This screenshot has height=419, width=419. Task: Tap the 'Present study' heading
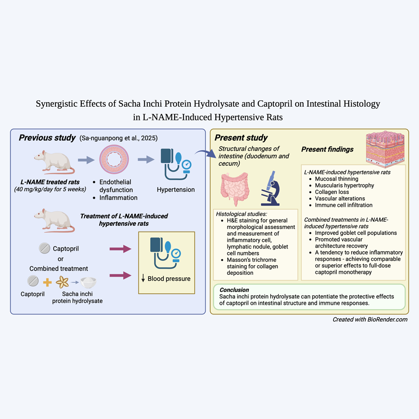241,138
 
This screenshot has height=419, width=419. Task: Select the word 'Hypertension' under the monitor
176,189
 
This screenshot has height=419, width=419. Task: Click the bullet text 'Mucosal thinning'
337,178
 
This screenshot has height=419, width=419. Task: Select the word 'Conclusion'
235,290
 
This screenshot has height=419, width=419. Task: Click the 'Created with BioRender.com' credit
370,320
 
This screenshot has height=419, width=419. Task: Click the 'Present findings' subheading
328,149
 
